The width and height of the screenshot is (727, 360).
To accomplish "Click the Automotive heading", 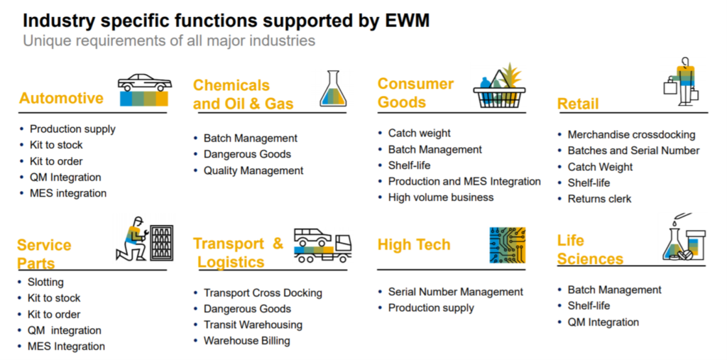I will point(61,98).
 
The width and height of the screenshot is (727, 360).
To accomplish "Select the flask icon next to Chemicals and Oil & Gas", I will point(332,90).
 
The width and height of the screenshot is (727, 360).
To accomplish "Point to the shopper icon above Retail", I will point(682,82).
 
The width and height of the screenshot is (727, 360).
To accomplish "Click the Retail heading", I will point(578,104).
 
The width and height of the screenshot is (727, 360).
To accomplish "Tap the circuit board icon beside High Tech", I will point(507,245).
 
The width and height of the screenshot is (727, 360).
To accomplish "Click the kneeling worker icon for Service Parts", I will point(144,239).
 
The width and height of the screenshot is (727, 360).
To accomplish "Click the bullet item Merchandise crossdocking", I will point(631,134).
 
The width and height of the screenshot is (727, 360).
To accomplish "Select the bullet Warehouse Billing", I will point(246,341).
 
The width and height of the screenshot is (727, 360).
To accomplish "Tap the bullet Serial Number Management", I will point(455,292).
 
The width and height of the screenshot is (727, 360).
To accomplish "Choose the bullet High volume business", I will point(440,197).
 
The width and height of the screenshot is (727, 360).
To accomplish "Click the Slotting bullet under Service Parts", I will point(45,282).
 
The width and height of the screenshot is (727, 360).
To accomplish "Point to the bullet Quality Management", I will point(253,170).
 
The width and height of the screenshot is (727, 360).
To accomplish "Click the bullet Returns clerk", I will point(599,199).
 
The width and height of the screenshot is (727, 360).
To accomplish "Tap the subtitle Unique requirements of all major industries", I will point(169,40).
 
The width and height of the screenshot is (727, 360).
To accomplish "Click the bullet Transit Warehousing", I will point(253,324).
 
